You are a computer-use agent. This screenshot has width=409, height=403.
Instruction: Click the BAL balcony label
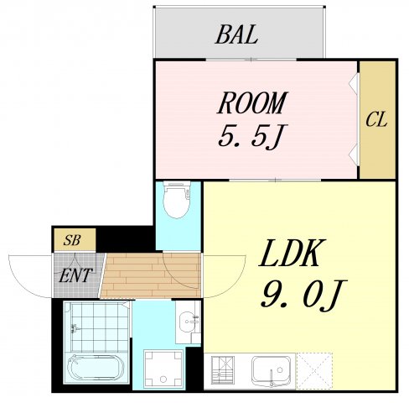tap(236, 35)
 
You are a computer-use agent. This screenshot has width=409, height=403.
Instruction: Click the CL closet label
tap(376, 119)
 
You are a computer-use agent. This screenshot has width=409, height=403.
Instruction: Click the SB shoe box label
tap(73, 240)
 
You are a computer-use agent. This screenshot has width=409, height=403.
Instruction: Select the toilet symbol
tap(177, 201)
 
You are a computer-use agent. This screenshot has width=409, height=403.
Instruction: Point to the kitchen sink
tap(272, 369)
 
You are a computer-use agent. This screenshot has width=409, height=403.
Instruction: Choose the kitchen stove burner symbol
tap(225, 369)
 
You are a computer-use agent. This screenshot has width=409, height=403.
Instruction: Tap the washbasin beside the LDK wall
tap(188, 322)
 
